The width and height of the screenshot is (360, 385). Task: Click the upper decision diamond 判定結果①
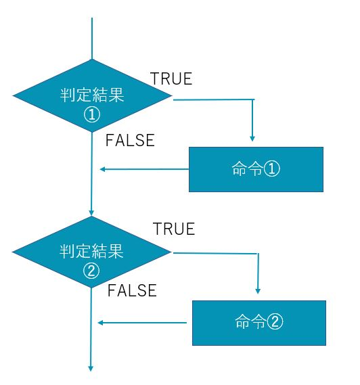coord(92,96)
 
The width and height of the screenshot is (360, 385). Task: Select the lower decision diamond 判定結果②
coord(91,252)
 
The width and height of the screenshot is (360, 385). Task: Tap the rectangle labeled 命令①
coord(256,169)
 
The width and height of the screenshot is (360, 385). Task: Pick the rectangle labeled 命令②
coord(259,323)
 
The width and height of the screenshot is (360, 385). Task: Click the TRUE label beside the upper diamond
coord(171,78)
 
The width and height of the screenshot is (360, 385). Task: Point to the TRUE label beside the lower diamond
coord(174,229)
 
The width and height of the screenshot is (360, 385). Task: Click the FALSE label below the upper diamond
coord(130,140)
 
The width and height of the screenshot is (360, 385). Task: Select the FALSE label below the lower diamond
coord(132,290)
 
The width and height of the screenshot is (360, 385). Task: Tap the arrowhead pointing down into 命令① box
coord(252,139)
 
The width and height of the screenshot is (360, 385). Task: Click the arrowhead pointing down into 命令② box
coord(258,291)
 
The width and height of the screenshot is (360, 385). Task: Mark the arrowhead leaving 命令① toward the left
coord(102,169)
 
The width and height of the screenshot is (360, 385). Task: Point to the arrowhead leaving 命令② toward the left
coord(100,323)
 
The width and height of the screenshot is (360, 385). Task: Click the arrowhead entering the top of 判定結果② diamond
coord(91,213)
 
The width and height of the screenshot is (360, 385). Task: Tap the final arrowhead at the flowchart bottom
coord(91,368)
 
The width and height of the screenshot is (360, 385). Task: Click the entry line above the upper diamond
coord(92,39)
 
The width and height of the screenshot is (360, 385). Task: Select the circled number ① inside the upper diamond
coord(92,114)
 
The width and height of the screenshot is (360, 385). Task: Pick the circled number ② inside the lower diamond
coord(91,271)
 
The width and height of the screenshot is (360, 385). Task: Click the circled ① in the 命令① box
coord(271,169)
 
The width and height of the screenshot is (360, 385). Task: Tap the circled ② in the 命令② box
coord(275,321)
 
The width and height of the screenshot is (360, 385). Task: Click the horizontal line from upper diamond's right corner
coord(214,99)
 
